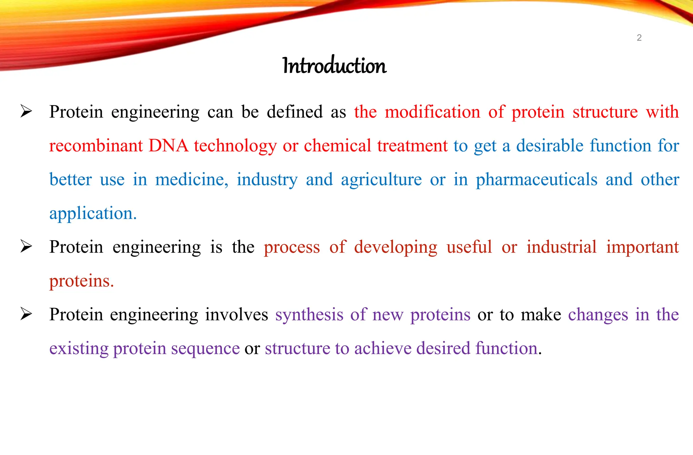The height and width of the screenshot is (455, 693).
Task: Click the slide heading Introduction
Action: pos(334,65)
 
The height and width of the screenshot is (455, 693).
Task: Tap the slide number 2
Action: pos(639,38)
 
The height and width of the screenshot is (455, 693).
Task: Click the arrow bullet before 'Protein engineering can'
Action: pos(26,111)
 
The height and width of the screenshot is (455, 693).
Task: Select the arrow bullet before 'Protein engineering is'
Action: pos(26,246)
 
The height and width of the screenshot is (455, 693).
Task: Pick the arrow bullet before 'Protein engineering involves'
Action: pos(26,314)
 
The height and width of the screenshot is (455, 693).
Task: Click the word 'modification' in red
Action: pos(432,112)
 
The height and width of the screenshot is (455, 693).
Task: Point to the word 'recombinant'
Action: pos(96,146)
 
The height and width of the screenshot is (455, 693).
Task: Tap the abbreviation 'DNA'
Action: pos(169,146)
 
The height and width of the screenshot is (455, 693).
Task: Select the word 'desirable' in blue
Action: pos(550,145)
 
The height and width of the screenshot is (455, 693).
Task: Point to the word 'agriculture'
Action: pos(381,180)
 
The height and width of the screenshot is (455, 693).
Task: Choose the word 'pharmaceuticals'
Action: pos(537,180)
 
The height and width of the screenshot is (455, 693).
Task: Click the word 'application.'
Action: pos(93,214)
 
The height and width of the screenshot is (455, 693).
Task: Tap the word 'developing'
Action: pos(396,248)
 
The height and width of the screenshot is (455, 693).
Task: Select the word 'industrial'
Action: pos(561,247)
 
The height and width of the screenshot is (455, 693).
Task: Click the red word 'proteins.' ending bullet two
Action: pos(82,281)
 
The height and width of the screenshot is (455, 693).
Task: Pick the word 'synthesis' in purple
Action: pos(309,315)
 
